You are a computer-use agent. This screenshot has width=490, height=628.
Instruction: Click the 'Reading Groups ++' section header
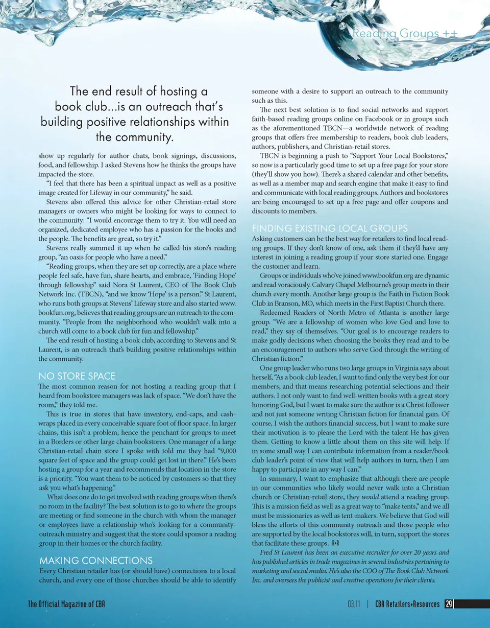405,34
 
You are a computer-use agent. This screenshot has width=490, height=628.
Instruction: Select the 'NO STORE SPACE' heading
77,376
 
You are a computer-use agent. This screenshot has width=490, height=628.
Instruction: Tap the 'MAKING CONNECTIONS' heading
96,561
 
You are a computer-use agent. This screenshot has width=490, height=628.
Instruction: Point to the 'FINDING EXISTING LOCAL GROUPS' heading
330,228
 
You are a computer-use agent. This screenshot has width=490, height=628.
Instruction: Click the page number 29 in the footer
449,604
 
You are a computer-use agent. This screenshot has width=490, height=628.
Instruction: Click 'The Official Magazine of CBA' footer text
66,604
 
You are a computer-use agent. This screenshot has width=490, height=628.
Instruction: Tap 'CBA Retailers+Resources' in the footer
407,604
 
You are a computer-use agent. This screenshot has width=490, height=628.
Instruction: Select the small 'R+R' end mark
335,544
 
